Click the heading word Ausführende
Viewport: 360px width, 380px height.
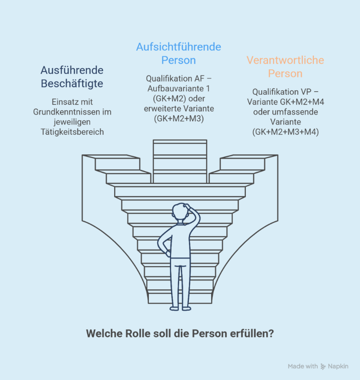coord(72,70)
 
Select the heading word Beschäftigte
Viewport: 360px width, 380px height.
coord(72,84)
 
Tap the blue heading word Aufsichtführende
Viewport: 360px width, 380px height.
coord(179,47)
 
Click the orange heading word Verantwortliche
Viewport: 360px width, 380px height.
coord(285,60)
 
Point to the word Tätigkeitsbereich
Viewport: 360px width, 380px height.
coord(72,132)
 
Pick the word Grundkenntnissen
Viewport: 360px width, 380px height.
coord(63,112)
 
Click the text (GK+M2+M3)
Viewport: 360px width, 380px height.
coord(179,119)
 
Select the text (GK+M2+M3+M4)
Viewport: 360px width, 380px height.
coord(286,132)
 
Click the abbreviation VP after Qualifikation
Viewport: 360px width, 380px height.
coord(306,92)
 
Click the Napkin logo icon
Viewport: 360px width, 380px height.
coord(323,366)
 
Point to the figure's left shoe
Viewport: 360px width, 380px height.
coord(174,309)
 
